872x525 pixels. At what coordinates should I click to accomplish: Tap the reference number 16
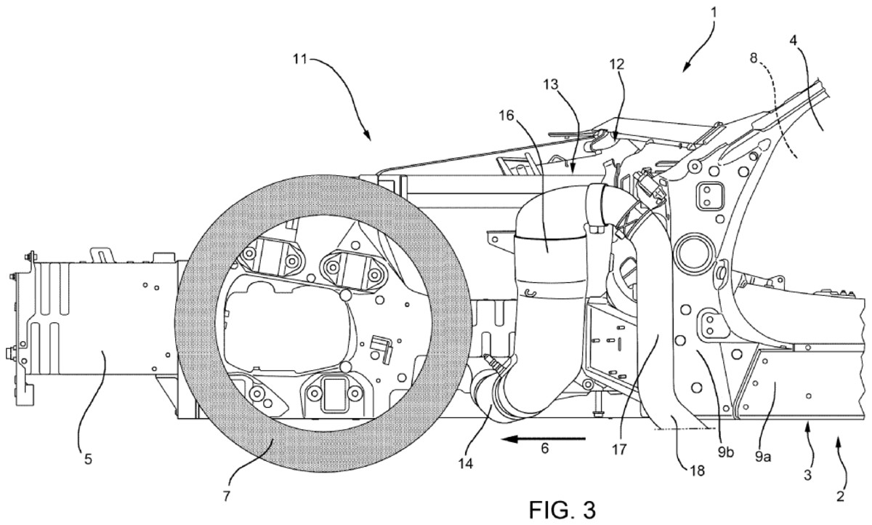507,116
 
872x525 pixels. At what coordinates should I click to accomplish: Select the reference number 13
551,84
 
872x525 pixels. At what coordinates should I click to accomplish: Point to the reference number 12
616,64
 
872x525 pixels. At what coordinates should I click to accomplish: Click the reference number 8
754,59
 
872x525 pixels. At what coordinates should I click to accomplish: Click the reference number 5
88,460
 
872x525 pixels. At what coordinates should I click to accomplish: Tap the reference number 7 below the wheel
226,496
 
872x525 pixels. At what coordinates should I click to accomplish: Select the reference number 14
465,463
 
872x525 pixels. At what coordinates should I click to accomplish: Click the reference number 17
618,449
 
